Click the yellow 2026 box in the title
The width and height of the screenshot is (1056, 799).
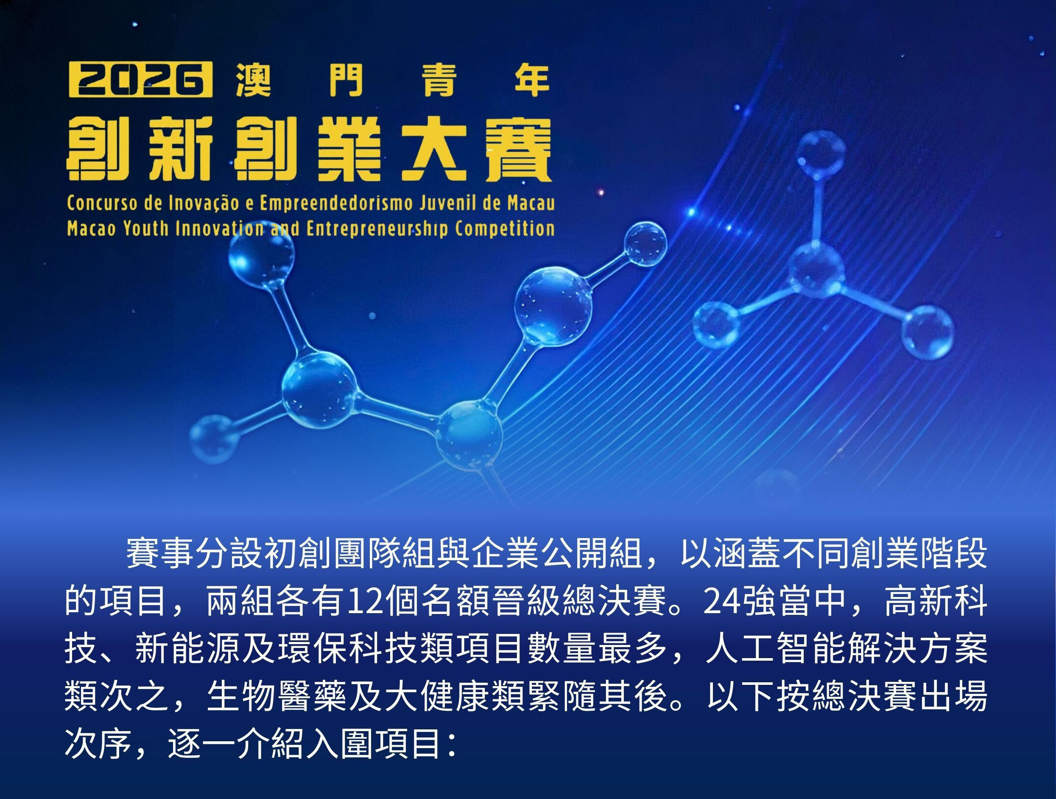140,79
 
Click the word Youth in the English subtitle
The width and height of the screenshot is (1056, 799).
145,229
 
